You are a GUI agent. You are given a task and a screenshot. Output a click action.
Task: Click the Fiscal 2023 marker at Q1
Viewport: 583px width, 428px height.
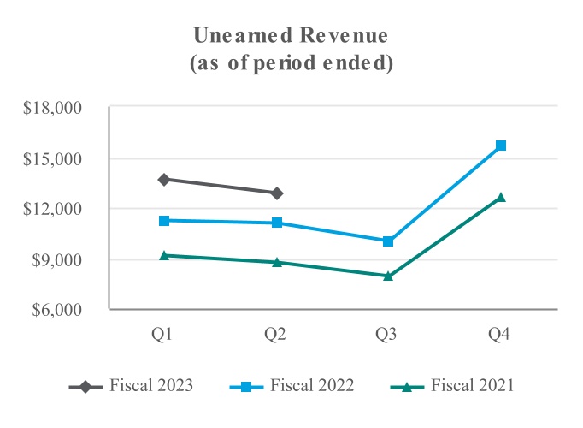164,180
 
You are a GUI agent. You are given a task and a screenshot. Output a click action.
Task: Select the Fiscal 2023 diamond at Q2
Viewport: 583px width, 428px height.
276,193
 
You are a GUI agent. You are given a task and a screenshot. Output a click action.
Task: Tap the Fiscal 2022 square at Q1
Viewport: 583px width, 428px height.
164,221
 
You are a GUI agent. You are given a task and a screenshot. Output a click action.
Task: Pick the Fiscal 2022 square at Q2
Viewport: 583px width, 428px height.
276,223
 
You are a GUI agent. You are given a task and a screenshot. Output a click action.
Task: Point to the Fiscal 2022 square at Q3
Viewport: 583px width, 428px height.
388,241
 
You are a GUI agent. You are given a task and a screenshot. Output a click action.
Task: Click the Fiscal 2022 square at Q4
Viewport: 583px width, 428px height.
501,146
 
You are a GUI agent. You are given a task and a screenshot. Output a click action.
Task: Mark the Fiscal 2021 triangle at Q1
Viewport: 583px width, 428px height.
164,255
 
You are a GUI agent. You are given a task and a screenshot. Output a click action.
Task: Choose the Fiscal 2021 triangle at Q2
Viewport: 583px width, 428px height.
276,262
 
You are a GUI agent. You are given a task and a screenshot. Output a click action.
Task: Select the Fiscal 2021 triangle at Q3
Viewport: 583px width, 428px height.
388,276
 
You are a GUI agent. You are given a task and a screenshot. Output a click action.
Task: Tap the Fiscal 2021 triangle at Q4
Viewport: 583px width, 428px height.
501,197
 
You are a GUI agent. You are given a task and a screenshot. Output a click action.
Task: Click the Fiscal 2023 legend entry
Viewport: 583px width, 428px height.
150,386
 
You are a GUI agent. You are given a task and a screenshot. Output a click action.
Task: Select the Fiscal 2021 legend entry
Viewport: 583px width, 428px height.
472,386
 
